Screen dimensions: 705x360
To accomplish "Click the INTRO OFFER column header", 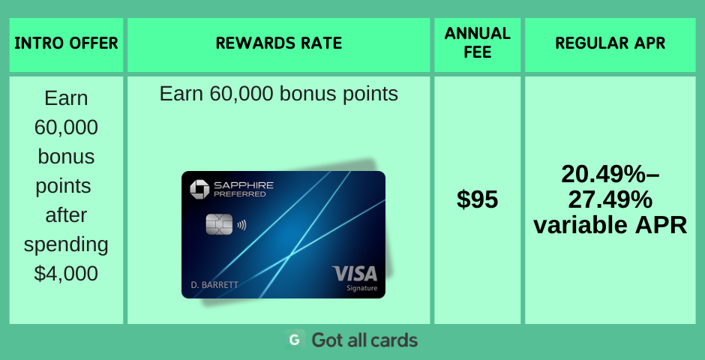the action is pos(66,43).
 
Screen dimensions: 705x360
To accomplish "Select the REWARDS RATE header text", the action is pos(279,43).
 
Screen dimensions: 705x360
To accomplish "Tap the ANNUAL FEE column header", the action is pos(478,43).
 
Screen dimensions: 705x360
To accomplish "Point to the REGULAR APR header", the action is pos(610,43).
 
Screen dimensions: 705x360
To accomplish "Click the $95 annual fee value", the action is pos(478,199).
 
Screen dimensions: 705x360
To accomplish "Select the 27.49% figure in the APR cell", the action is pos(610,199).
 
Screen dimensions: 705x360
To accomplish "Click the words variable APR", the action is pos(610,225).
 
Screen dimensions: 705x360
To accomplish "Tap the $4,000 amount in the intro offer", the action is pos(66,274).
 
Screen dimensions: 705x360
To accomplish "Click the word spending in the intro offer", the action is pos(66,245).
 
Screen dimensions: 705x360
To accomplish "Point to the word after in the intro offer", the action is pos(66,215).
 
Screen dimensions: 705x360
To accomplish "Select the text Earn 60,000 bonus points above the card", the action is pos(279,94).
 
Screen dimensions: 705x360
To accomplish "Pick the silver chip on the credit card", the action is pos(220,223).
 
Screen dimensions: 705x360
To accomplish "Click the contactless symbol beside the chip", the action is pos(242,223).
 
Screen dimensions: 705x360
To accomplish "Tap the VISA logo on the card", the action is pos(354,274).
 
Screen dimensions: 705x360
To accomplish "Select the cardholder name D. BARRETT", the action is pos(214,285).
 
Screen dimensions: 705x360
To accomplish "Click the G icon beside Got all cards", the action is pos(295,340).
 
